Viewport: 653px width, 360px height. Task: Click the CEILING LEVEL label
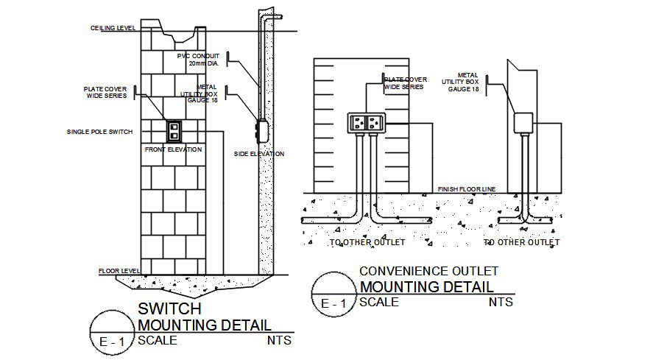(113, 28)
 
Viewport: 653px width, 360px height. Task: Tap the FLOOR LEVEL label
(119, 271)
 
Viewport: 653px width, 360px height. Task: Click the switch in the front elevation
(174, 130)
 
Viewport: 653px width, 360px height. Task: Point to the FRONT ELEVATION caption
(174, 149)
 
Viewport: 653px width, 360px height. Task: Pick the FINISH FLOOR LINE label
(466, 189)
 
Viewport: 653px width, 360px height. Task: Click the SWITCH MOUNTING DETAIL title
(204, 317)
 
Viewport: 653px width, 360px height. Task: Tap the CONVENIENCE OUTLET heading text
(429, 272)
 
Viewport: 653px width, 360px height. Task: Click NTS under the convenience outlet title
(500, 302)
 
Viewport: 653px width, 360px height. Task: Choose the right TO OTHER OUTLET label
(521, 242)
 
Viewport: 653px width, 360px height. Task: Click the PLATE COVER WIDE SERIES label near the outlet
(404, 82)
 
